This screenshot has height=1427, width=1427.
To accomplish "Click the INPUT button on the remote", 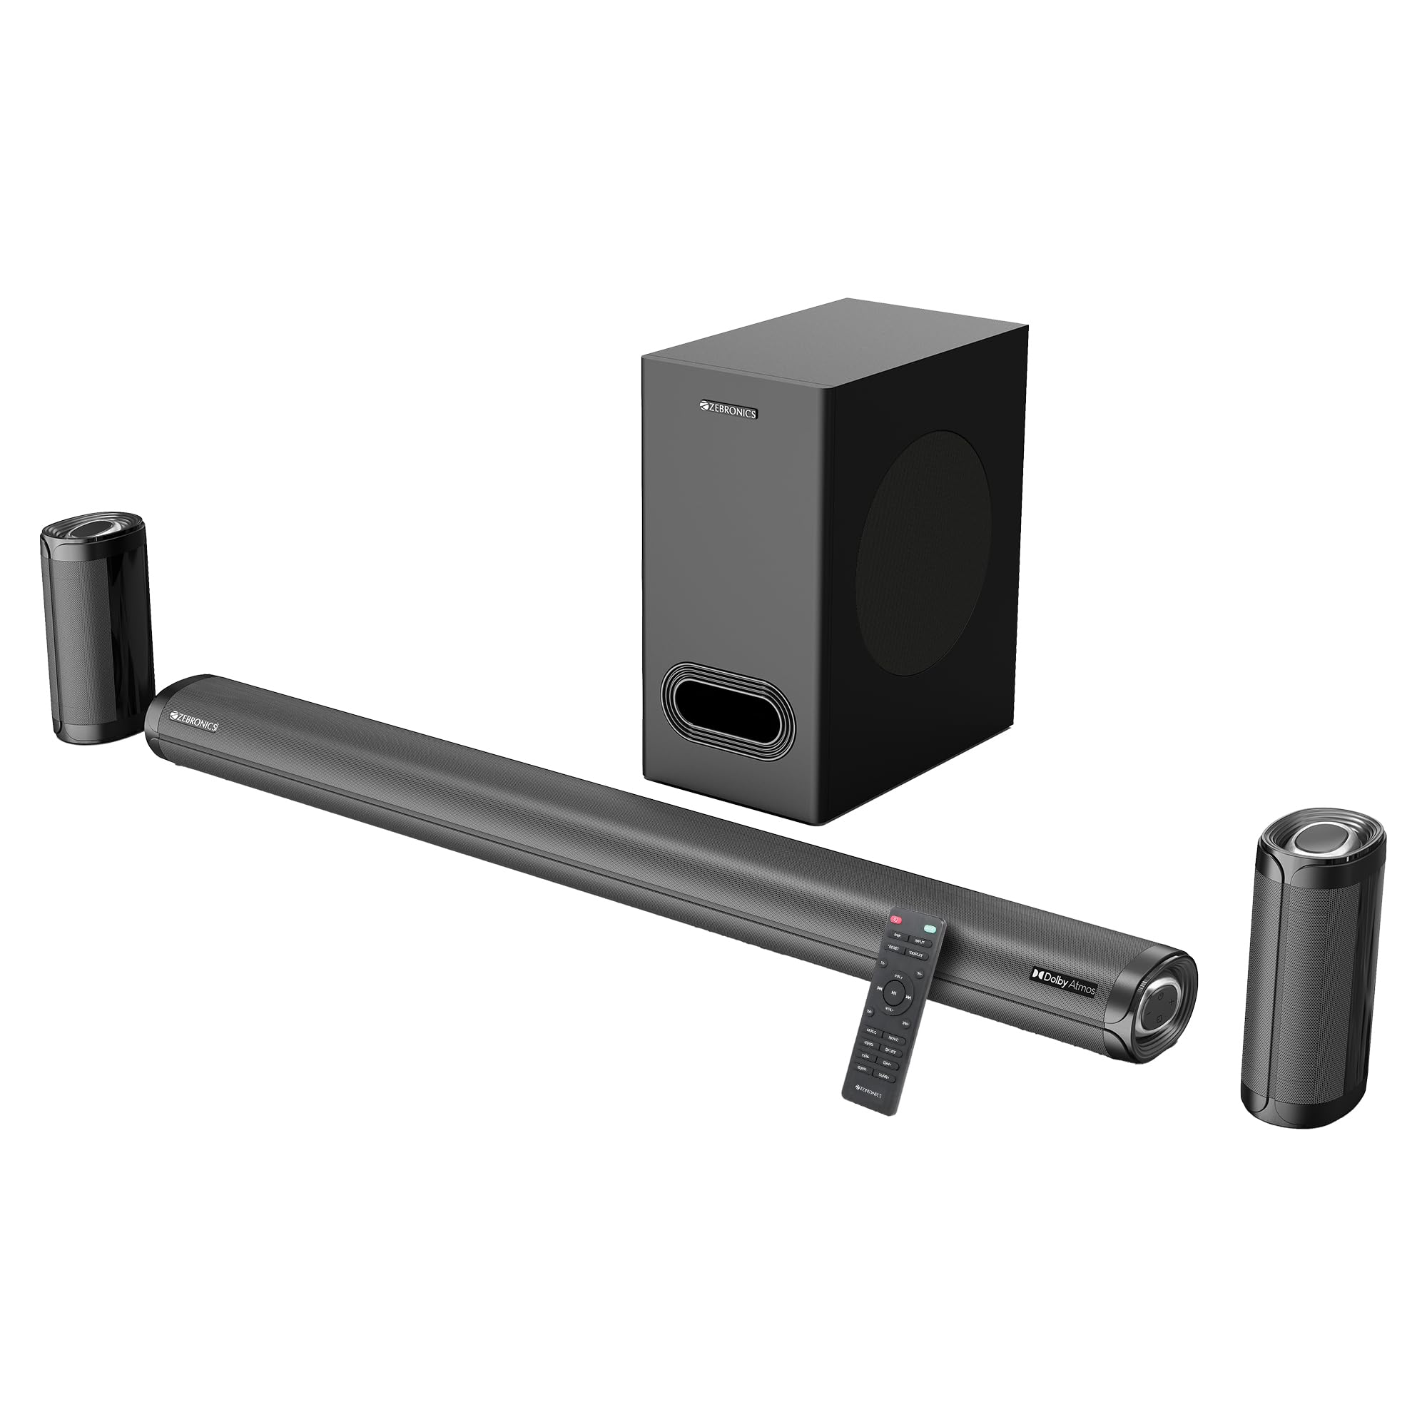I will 920,942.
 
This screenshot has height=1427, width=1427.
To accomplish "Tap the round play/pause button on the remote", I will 895,993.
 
